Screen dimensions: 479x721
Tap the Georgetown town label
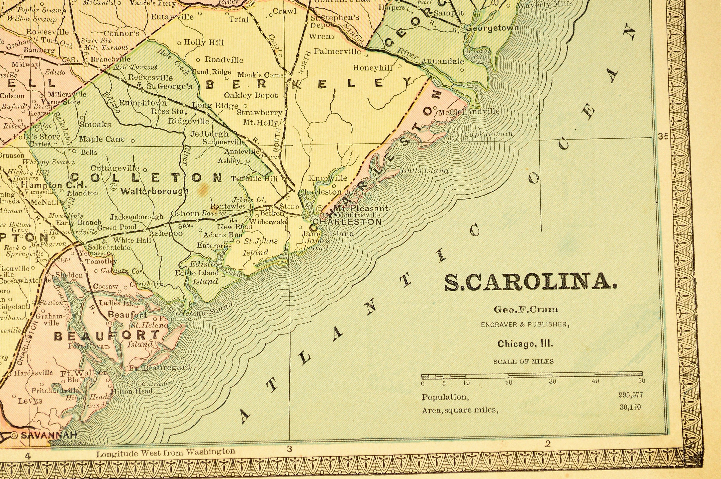tap(492, 28)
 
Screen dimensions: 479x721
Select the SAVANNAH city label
tap(48, 435)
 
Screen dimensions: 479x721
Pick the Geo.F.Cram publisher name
tap(526, 309)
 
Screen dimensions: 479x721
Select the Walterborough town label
tap(154, 191)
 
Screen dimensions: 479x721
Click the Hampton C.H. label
tap(54, 185)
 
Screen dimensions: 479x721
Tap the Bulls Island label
tap(425, 171)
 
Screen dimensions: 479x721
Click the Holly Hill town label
tap(204, 42)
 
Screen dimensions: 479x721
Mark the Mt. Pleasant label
tap(360, 208)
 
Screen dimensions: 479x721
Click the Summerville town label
tap(224, 142)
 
